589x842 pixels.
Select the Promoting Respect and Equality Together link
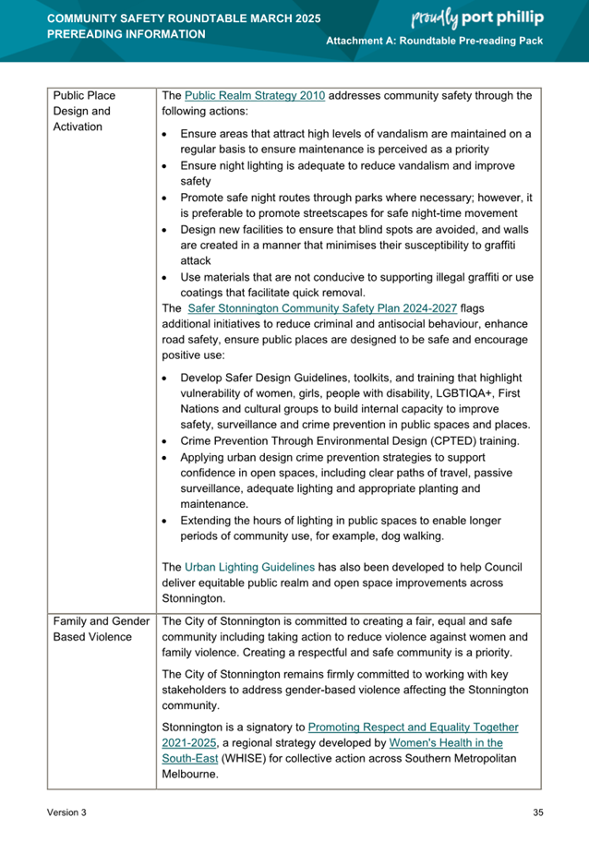click(413, 728)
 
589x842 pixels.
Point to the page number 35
click(538, 812)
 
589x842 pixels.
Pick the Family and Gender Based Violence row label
click(101, 629)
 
